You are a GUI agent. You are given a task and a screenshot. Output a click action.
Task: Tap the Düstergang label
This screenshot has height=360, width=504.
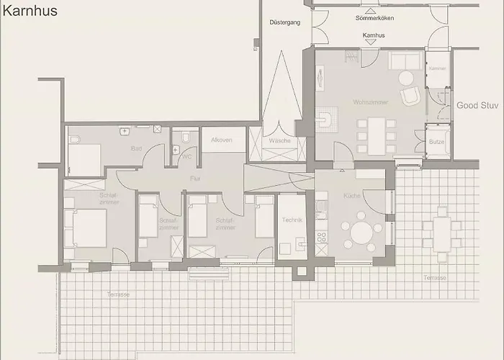pos(284,22)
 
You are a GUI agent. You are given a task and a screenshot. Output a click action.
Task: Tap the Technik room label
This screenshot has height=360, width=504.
pos(292,220)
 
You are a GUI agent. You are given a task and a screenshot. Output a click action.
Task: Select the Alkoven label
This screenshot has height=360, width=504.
pos(222,140)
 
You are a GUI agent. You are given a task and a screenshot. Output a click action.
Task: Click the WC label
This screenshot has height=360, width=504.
pos(186,156)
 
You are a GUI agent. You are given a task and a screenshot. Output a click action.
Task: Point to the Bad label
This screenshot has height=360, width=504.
pos(136,149)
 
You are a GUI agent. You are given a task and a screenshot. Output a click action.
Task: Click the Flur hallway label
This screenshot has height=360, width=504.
pos(194,177)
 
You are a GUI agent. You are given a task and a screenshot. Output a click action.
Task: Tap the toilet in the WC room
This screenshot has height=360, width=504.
pos(186,137)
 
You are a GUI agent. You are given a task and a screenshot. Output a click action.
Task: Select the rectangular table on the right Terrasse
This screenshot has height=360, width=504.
pos(441,233)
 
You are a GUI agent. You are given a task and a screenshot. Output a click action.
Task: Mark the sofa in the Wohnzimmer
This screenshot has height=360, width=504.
pos(405,60)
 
